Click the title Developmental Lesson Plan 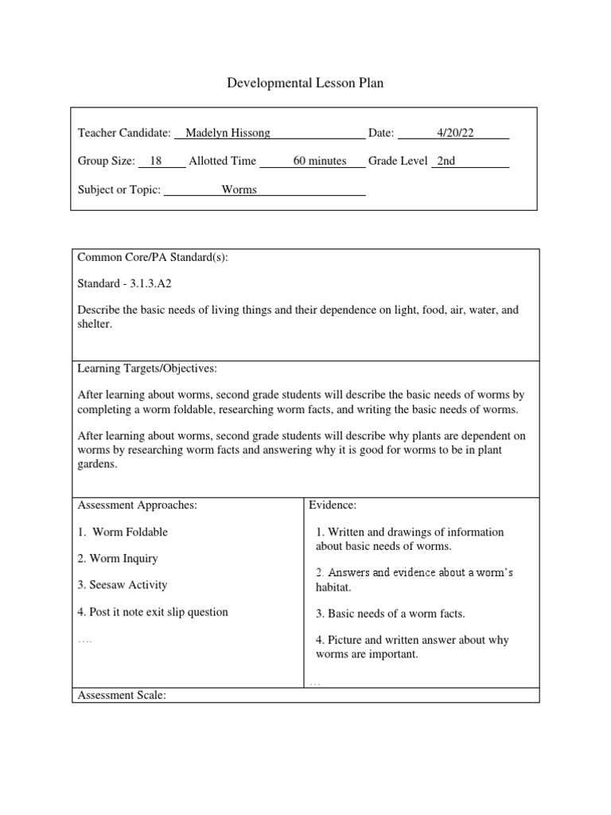click(305, 83)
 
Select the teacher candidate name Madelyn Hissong click(228, 133)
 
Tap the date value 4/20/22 click(455, 133)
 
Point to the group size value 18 click(156, 161)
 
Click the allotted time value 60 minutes click(320, 161)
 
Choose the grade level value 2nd click(446, 161)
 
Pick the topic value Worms click(239, 189)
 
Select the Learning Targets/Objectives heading click(146, 369)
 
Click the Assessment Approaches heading click(137, 505)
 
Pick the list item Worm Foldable click(123, 532)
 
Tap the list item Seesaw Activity click(123, 585)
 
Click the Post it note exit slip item click(153, 612)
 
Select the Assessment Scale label click(121, 695)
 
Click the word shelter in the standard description click(95, 324)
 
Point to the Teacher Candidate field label click(124, 133)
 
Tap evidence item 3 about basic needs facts click(390, 613)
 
